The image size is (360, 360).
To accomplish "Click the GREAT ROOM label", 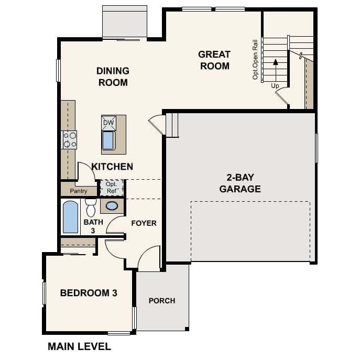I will click(x=214, y=60).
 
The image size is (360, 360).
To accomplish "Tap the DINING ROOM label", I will click(x=113, y=77).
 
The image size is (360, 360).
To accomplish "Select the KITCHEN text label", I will click(x=112, y=167).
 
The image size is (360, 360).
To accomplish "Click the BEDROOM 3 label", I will click(x=88, y=293).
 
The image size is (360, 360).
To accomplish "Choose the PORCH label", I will click(x=162, y=301).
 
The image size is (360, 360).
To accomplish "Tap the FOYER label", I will click(x=144, y=223).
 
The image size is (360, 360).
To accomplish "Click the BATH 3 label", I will click(x=90, y=226).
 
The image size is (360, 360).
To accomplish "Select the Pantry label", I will click(x=79, y=191).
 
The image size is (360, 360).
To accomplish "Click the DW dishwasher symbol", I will click(x=108, y=123).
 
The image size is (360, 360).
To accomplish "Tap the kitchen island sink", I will click(x=108, y=140).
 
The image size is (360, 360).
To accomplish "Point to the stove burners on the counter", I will click(x=70, y=140).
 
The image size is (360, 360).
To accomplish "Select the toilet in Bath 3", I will click(x=91, y=208).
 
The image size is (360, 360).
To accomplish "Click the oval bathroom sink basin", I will click(x=112, y=206).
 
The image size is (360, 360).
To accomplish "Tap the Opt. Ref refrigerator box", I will click(x=111, y=188).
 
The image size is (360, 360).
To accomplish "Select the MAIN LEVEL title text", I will click(x=79, y=346).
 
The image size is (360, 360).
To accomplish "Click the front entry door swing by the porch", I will click(x=149, y=259).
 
